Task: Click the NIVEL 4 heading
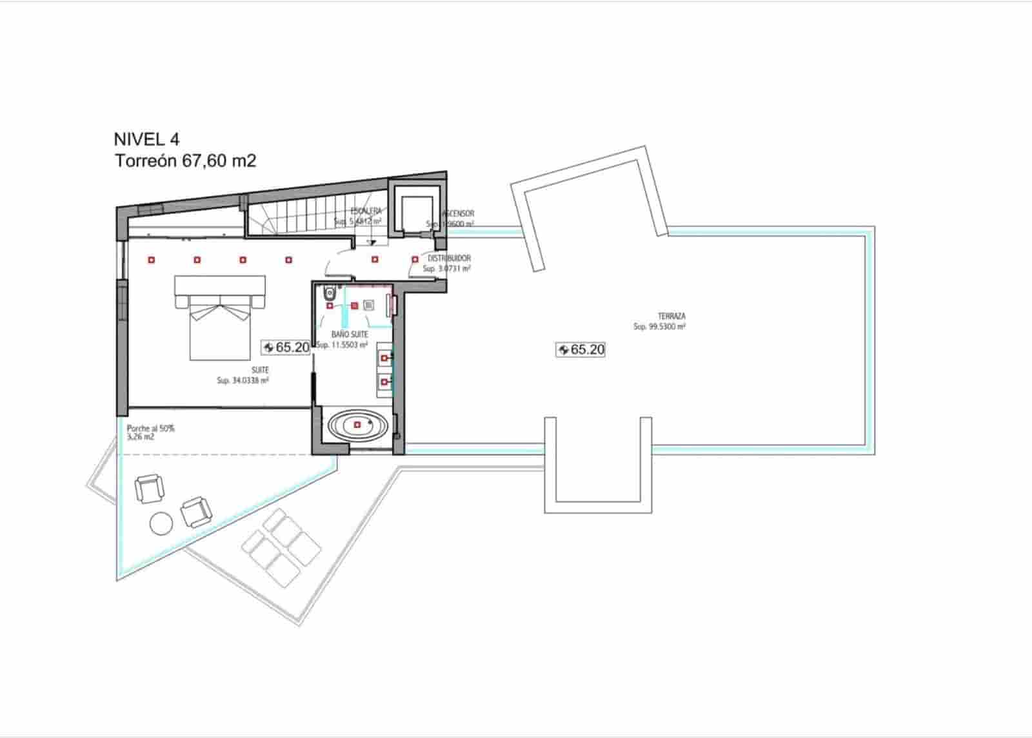tap(146, 139)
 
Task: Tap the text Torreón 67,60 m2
tap(186, 161)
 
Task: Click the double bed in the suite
tap(219, 318)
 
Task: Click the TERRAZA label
tap(671, 316)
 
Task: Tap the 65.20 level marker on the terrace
tap(580, 349)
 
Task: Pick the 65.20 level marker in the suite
tap(286, 347)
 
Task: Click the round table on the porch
tap(161, 523)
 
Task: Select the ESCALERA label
tap(366, 211)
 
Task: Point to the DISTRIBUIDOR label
tap(450, 258)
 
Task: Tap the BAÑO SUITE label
tap(350, 335)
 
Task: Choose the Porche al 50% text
tap(151, 428)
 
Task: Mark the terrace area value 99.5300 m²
tap(659, 327)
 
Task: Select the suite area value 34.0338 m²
tap(243, 380)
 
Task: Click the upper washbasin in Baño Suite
tap(386, 357)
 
